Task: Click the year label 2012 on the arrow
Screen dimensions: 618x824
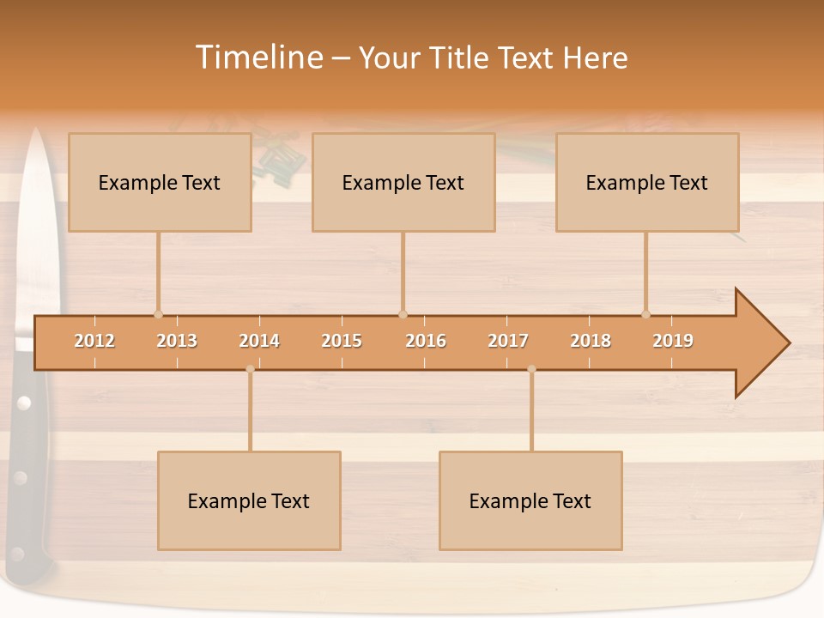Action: click(x=94, y=341)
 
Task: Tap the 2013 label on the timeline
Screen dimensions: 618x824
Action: click(x=177, y=341)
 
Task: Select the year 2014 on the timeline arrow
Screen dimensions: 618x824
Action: click(x=259, y=341)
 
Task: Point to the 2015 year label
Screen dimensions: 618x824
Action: click(x=342, y=341)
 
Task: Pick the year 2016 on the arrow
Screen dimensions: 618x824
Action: click(x=426, y=341)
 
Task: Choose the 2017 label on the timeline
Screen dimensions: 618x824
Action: click(x=508, y=341)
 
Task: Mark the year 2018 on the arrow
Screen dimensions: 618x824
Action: click(x=591, y=341)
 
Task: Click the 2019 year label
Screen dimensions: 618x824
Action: click(x=673, y=341)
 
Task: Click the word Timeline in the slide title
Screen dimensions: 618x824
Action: click(x=258, y=58)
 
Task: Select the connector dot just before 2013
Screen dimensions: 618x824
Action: click(x=158, y=314)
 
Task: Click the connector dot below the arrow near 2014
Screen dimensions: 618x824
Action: click(x=250, y=369)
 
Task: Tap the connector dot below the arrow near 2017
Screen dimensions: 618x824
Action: click(x=531, y=369)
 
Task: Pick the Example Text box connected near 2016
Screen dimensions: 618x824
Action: click(x=403, y=182)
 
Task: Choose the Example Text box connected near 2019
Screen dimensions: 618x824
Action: click(x=647, y=182)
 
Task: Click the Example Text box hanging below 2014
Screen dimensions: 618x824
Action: click(x=249, y=500)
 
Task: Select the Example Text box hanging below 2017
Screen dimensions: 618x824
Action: click(x=530, y=500)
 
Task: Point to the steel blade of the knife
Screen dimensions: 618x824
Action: click(x=35, y=232)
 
